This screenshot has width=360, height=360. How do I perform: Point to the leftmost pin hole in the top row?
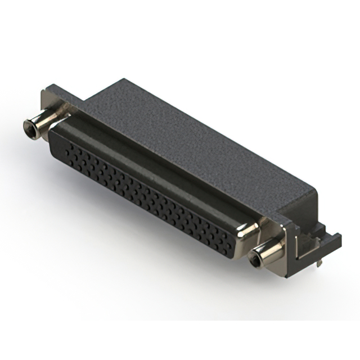click(x=69, y=148)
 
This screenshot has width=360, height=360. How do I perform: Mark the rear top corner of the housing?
click(x=121, y=79)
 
